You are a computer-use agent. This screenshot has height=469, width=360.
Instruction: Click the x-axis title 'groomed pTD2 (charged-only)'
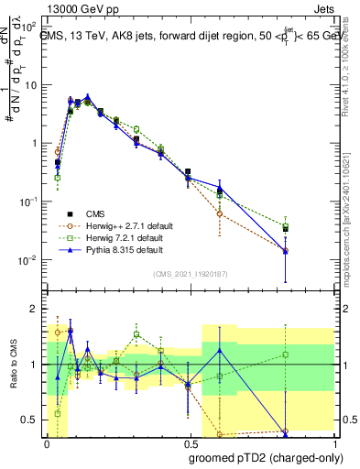[x=266, y=458]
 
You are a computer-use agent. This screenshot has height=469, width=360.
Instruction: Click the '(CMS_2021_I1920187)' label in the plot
[x=191, y=274]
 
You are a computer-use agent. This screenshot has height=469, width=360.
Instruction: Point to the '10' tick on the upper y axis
[x=30, y=85]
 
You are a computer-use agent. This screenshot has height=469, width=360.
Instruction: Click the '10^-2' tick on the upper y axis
[x=27, y=260]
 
